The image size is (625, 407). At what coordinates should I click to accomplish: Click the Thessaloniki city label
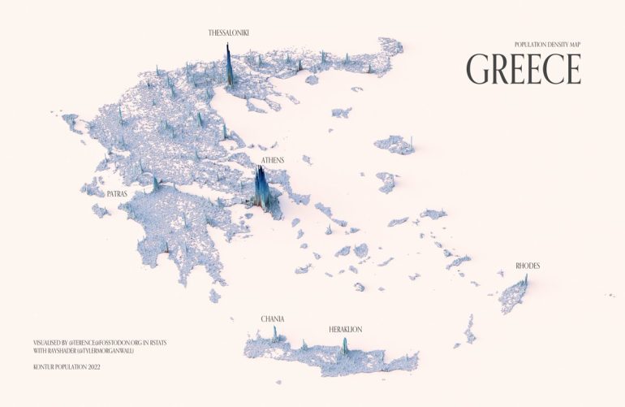228,33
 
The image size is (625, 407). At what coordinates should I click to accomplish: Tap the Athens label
273,161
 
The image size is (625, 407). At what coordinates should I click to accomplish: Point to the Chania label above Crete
272,319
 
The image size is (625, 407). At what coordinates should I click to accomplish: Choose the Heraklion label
345,329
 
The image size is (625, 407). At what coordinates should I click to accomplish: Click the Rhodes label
528,266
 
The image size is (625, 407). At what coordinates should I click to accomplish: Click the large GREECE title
524,69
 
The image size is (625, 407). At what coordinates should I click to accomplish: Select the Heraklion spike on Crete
345,346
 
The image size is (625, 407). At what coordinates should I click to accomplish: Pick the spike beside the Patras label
155,184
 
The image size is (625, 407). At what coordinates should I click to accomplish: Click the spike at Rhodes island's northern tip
525,280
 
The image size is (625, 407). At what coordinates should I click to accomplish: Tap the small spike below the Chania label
274,333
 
